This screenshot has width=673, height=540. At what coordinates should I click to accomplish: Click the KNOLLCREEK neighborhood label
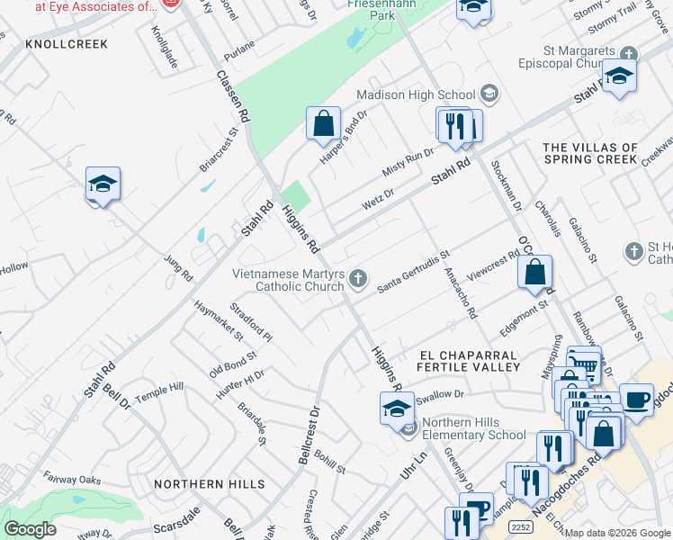67,44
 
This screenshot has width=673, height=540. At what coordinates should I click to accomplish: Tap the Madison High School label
416,94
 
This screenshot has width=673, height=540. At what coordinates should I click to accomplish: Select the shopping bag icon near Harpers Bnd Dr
323,123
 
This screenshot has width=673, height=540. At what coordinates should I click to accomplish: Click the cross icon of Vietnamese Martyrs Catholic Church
358,279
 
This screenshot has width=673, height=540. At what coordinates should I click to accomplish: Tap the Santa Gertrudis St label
413,272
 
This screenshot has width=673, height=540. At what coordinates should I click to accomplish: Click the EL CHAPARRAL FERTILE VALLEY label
469,360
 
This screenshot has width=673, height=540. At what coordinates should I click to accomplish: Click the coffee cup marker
637,399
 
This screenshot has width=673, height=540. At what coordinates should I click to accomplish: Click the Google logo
30,528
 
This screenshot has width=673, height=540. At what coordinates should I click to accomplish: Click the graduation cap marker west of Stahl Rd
103,184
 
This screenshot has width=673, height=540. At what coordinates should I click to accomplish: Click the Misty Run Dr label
408,164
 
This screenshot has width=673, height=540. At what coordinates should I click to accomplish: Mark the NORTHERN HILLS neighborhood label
209,484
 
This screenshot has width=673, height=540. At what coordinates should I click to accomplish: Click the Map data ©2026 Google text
617,532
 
